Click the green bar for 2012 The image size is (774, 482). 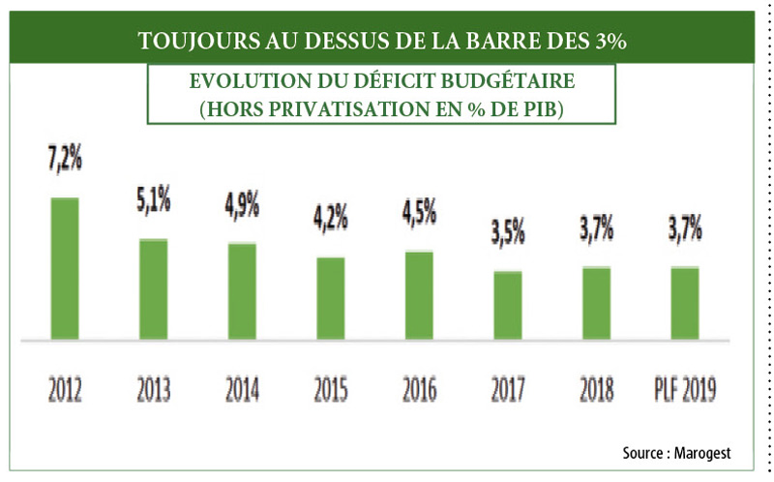point(64,269)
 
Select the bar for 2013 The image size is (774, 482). point(153,289)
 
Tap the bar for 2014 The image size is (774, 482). point(242,291)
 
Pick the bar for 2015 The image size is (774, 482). point(331,299)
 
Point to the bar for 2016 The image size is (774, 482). point(420,295)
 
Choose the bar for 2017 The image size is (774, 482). point(508,306)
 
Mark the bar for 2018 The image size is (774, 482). point(597,304)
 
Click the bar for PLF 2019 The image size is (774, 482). point(685,304)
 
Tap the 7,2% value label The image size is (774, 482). point(65,162)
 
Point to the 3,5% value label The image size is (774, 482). point(508,233)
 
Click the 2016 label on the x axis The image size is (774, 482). point(420,389)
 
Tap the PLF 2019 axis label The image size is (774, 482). point(685,389)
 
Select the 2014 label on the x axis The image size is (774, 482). point(242,389)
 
